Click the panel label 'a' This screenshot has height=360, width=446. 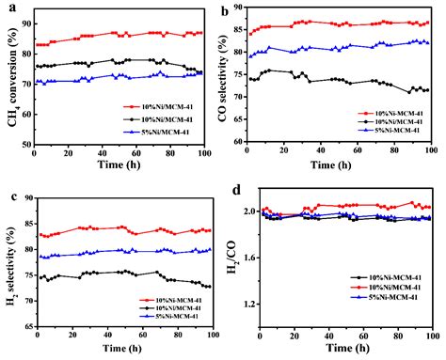(x=8, y=8)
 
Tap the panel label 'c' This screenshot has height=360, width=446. (x=8, y=195)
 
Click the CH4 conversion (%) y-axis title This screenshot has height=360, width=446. (x=11, y=84)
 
